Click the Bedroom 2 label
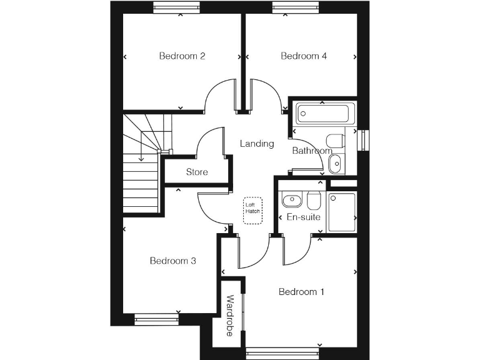(182, 56)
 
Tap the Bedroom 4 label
(304, 56)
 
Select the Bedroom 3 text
(173, 261)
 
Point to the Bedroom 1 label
(301, 292)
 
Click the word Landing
(257, 144)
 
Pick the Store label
(197, 172)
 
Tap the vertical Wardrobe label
(230, 316)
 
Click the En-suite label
(303, 217)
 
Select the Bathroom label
(312, 151)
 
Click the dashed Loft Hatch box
(252, 208)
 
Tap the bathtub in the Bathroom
(323, 113)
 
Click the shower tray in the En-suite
(341, 211)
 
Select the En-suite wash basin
(291, 201)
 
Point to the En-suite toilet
(314, 200)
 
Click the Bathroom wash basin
(335, 163)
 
